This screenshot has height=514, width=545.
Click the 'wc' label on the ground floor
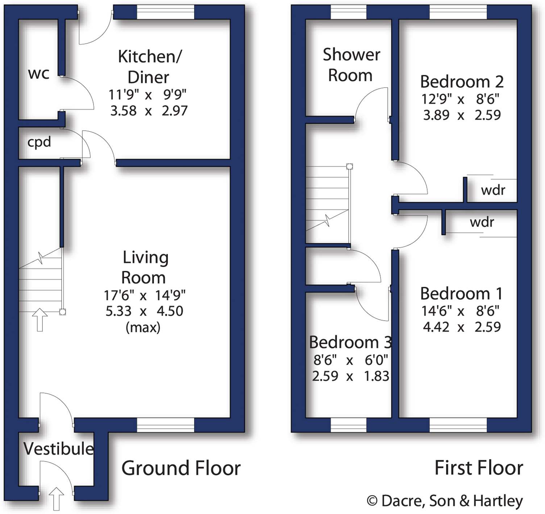38,74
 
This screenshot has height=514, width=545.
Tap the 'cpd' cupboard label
39,142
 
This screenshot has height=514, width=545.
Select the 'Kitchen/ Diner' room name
149,67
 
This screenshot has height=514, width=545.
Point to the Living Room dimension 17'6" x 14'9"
145,295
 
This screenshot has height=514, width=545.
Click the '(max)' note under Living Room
143,328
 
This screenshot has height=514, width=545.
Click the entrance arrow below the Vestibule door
56,499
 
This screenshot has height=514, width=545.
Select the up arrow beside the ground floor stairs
40,320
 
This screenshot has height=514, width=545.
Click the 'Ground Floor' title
181,468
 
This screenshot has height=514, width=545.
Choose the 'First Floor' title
479,468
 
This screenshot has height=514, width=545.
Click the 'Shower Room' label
351,65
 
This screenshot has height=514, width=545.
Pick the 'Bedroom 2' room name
462,82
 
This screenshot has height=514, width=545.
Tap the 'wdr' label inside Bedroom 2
493,190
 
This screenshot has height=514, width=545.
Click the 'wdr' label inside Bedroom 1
482,222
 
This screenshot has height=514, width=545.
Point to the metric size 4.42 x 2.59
462,327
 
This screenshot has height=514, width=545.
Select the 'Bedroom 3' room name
350,342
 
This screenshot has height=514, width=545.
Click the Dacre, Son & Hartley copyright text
445,501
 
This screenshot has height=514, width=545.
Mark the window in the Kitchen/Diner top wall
166,12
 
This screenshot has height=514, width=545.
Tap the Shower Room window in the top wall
348,12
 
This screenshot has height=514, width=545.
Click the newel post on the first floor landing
349,166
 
